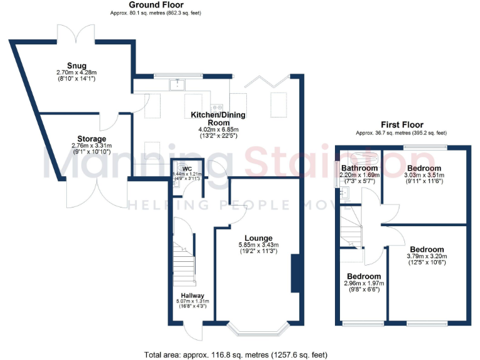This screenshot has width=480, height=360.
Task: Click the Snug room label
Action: pyautogui.click(x=77, y=66)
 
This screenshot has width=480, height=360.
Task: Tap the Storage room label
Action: pyautogui.click(x=92, y=139)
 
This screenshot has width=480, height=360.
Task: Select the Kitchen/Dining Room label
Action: pyautogui.click(x=218, y=116)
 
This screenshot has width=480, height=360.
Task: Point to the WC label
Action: pyautogui.click(x=186, y=169)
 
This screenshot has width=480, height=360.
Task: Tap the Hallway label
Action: pyautogui.click(x=192, y=296)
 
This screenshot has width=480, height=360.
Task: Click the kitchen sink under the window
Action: pyautogui.click(x=178, y=82)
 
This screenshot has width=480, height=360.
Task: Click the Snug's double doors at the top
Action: pyautogui.click(x=74, y=36)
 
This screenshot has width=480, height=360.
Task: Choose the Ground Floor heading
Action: pyautogui.click(x=147, y=5)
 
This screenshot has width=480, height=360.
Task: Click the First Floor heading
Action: pyautogui.click(x=401, y=125)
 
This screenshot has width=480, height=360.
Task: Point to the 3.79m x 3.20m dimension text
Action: pyautogui.click(x=427, y=256)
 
